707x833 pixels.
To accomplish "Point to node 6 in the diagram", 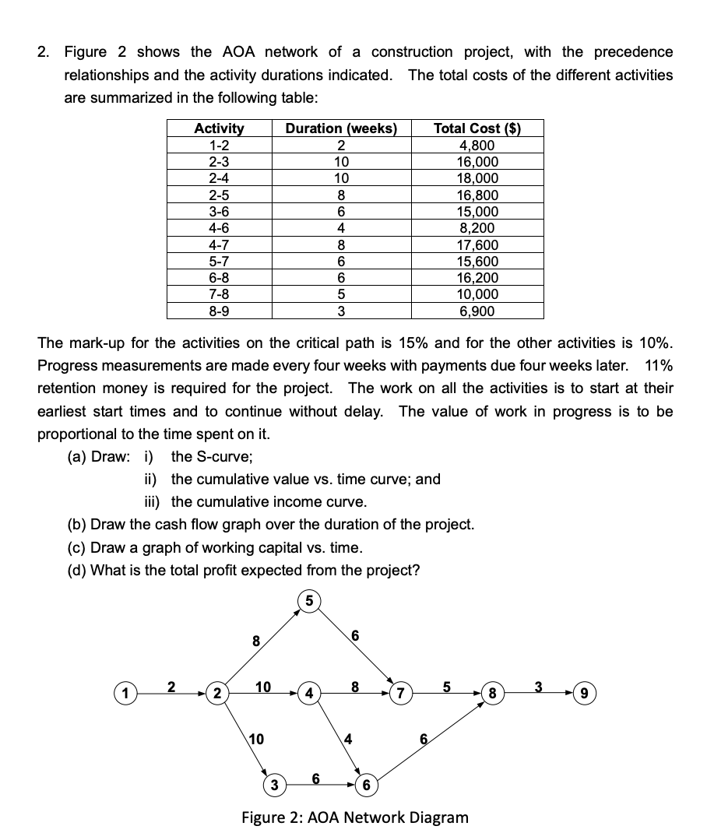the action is pos(367,782).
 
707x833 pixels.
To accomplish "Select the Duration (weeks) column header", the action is pos(341,128).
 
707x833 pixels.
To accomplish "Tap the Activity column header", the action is pos(219,128).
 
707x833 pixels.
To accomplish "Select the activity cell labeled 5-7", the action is pos(219,262).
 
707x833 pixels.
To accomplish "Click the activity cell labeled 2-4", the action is pos(219,178).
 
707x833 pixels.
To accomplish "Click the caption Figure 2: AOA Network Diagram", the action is pos(356,817).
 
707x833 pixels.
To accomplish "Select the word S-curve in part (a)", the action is pos(220,456).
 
